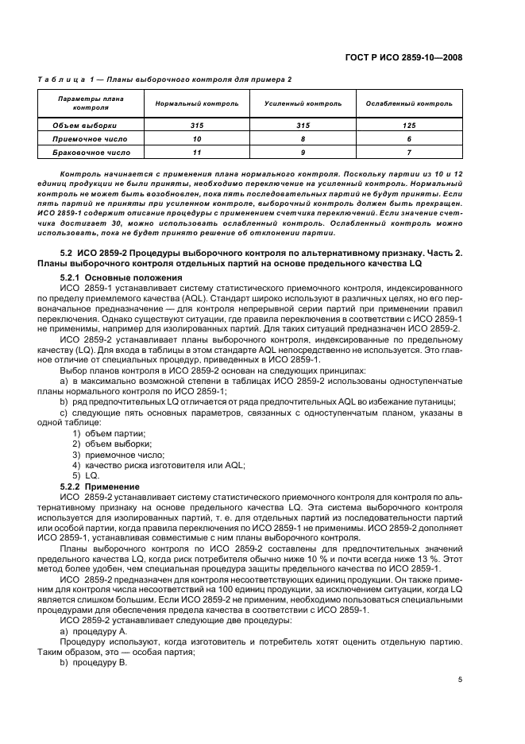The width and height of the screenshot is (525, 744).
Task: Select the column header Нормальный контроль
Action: [x=197, y=104]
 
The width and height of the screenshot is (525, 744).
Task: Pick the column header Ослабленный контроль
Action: [x=408, y=104]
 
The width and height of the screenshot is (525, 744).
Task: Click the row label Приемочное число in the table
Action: [x=84, y=138]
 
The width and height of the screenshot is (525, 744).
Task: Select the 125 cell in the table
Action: [x=408, y=125]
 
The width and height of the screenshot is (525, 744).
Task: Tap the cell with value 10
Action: [x=197, y=138]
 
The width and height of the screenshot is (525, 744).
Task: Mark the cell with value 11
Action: [x=197, y=152]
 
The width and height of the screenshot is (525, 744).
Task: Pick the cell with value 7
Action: [x=408, y=152]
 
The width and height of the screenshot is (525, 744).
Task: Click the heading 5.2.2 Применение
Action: [x=100, y=486]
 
